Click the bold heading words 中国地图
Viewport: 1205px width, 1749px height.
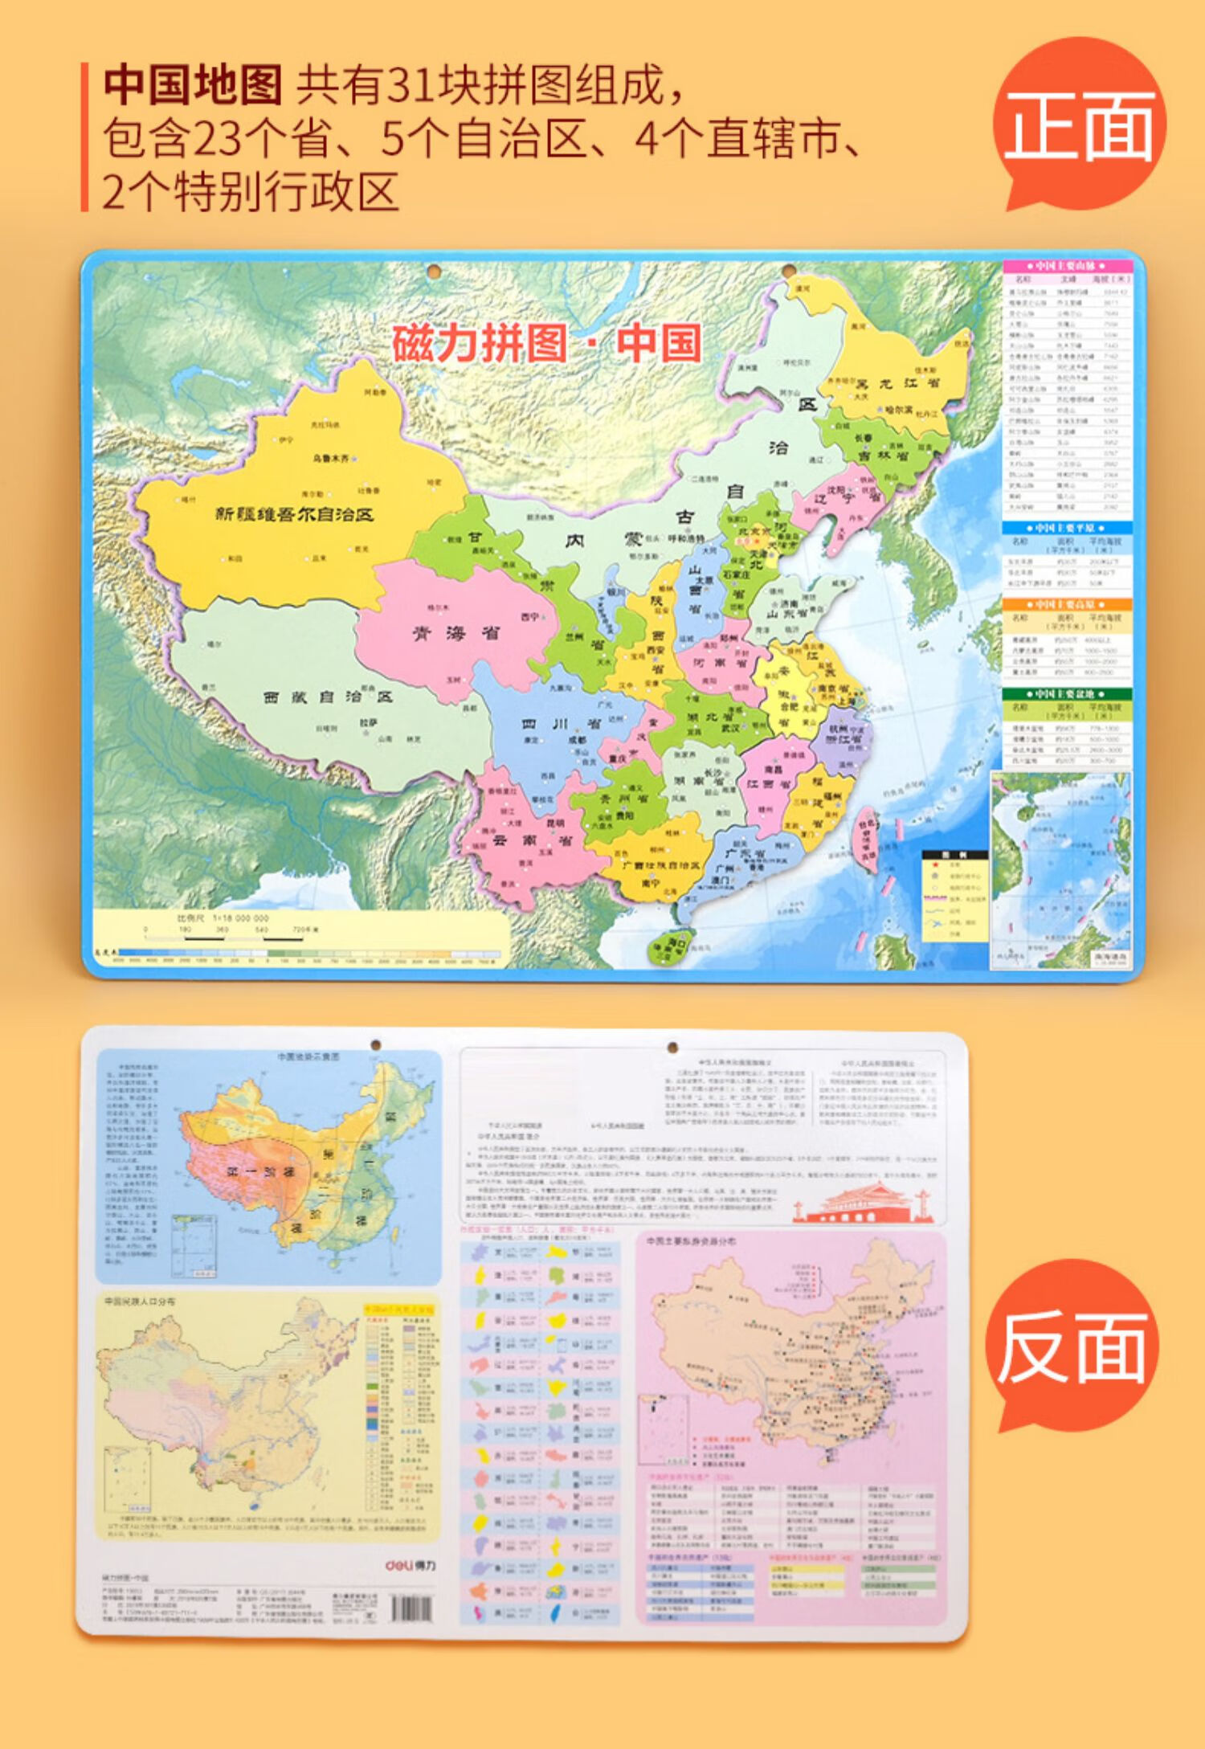[193, 86]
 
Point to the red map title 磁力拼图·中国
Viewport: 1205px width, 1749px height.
[546, 343]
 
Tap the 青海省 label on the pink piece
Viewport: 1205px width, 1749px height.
[455, 633]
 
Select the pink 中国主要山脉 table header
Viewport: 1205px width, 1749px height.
[1067, 266]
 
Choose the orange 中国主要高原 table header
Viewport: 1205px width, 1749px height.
[1067, 604]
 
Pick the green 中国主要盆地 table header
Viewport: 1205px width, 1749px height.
[1067, 693]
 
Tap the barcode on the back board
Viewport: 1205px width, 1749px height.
[415, 1608]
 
